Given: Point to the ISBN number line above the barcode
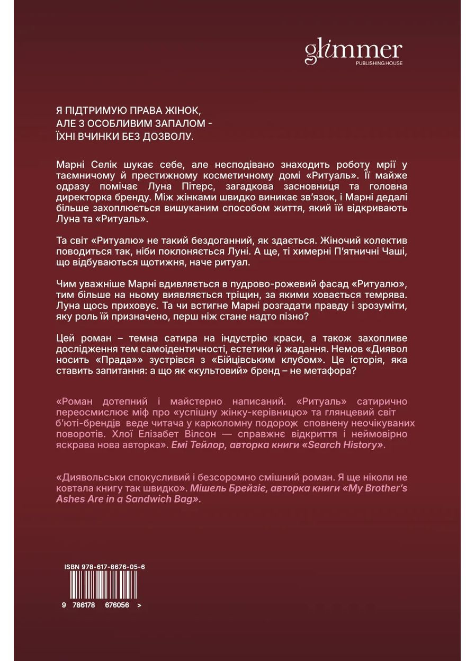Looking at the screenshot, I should [x=104, y=566].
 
